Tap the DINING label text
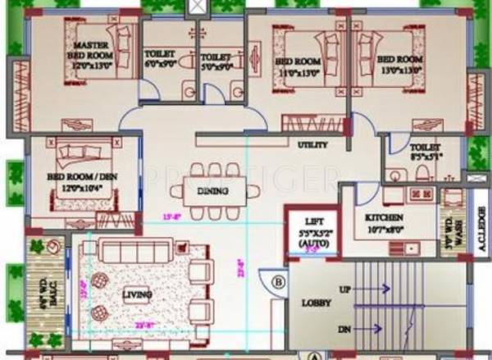click(213, 192)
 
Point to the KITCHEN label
click(385, 217)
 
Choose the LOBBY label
click(315, 303)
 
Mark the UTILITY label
click(312, 144)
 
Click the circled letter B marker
click(279, 284)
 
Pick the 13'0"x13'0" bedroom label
click(400, 65)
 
